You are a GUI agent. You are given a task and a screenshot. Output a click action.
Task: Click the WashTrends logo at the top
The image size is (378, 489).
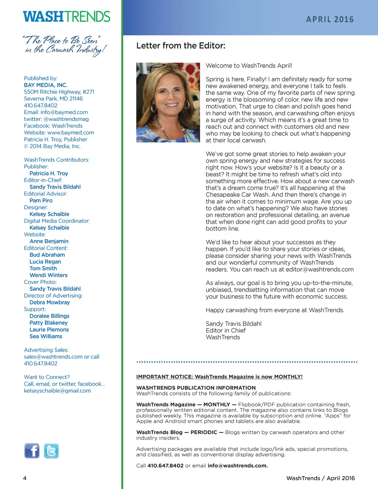66,17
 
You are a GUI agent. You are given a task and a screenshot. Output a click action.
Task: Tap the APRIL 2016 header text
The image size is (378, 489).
330,20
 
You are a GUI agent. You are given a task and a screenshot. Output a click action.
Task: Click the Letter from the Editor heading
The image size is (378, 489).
181,46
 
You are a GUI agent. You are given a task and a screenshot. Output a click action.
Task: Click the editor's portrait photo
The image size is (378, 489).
168,102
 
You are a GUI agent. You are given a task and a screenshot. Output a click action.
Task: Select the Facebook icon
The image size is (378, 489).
32,451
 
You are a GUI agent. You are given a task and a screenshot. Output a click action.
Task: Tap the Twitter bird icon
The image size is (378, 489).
51,451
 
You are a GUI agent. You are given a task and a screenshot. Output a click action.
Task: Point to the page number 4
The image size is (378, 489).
25,478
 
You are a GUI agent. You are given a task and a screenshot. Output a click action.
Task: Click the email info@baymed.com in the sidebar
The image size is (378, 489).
64,112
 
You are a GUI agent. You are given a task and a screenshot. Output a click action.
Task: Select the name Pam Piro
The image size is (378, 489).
41,200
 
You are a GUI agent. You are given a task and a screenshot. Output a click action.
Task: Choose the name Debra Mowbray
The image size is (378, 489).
49,302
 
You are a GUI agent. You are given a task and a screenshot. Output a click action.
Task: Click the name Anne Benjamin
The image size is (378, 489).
49,241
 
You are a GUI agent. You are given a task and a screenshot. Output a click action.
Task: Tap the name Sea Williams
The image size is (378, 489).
46,336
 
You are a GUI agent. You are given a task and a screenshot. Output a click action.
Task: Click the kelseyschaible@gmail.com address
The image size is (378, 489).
57,391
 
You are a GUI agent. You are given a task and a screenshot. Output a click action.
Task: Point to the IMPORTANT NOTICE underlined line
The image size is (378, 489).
219,377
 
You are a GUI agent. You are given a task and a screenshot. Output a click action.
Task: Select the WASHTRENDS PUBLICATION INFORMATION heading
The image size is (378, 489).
196,388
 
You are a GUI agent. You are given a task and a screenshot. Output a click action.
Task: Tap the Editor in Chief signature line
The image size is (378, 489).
226,331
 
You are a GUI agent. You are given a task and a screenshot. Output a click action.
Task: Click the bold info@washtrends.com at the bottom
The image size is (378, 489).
237,466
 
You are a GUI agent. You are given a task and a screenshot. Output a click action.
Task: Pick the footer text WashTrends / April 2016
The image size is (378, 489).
320,478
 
